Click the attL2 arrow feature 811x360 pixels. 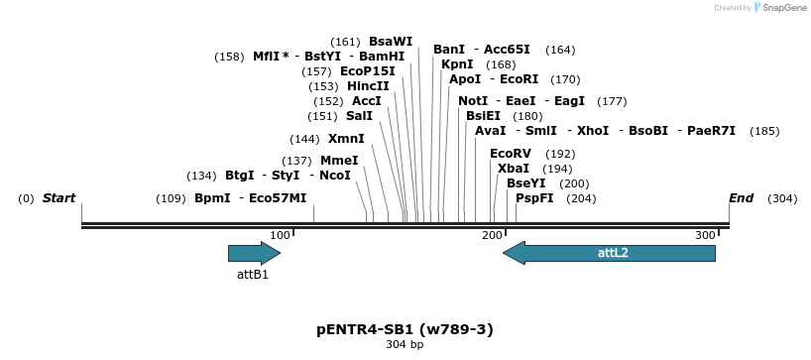[609, 253]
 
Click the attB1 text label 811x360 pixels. [252, 274]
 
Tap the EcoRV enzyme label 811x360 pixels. [511, 154]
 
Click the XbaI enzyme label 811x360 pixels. [514, 169]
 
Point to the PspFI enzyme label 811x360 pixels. [534, 198]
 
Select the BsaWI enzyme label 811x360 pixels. [391, 42]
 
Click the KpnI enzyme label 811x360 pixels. [457, 64]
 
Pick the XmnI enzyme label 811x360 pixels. [346, 139]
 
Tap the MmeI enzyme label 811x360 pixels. [339, 161]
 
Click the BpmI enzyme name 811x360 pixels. [212, 198]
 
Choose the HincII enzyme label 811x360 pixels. [368, 86]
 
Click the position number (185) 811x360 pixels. [764, 131]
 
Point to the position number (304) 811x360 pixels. [782, 198]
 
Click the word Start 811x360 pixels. [58, 198]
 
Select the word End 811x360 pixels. [742, 198]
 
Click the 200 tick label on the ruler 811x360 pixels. [492, 235]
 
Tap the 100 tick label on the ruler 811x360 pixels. [280, 235]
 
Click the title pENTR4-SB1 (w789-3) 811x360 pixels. [405, 329]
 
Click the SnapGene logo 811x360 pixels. [778, 8]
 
